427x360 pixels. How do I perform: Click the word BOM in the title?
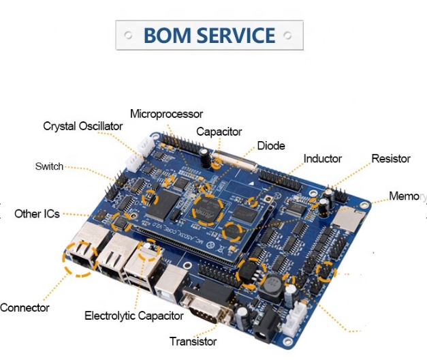(x=168, y=35)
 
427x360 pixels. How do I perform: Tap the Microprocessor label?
(x=166, y=114)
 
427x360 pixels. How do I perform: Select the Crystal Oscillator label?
(x=83, y=126)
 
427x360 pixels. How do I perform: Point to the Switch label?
(x=49, y=166)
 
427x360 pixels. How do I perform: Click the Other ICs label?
(x=37, y=214)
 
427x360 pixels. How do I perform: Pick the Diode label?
(x=271, y=146)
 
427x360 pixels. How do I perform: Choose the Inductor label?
(x=323, y=158)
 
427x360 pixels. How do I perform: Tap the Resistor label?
(x=391, y=158)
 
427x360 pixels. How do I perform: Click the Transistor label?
(x=193, y=342)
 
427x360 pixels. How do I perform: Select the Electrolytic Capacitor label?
(x=134, y=316)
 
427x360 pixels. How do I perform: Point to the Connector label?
(x=25, y=307)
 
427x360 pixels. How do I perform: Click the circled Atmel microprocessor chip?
(x=208, y=210)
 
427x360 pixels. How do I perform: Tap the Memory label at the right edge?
(x=408, y=196)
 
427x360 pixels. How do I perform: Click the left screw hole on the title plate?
(x=128, y=35)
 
